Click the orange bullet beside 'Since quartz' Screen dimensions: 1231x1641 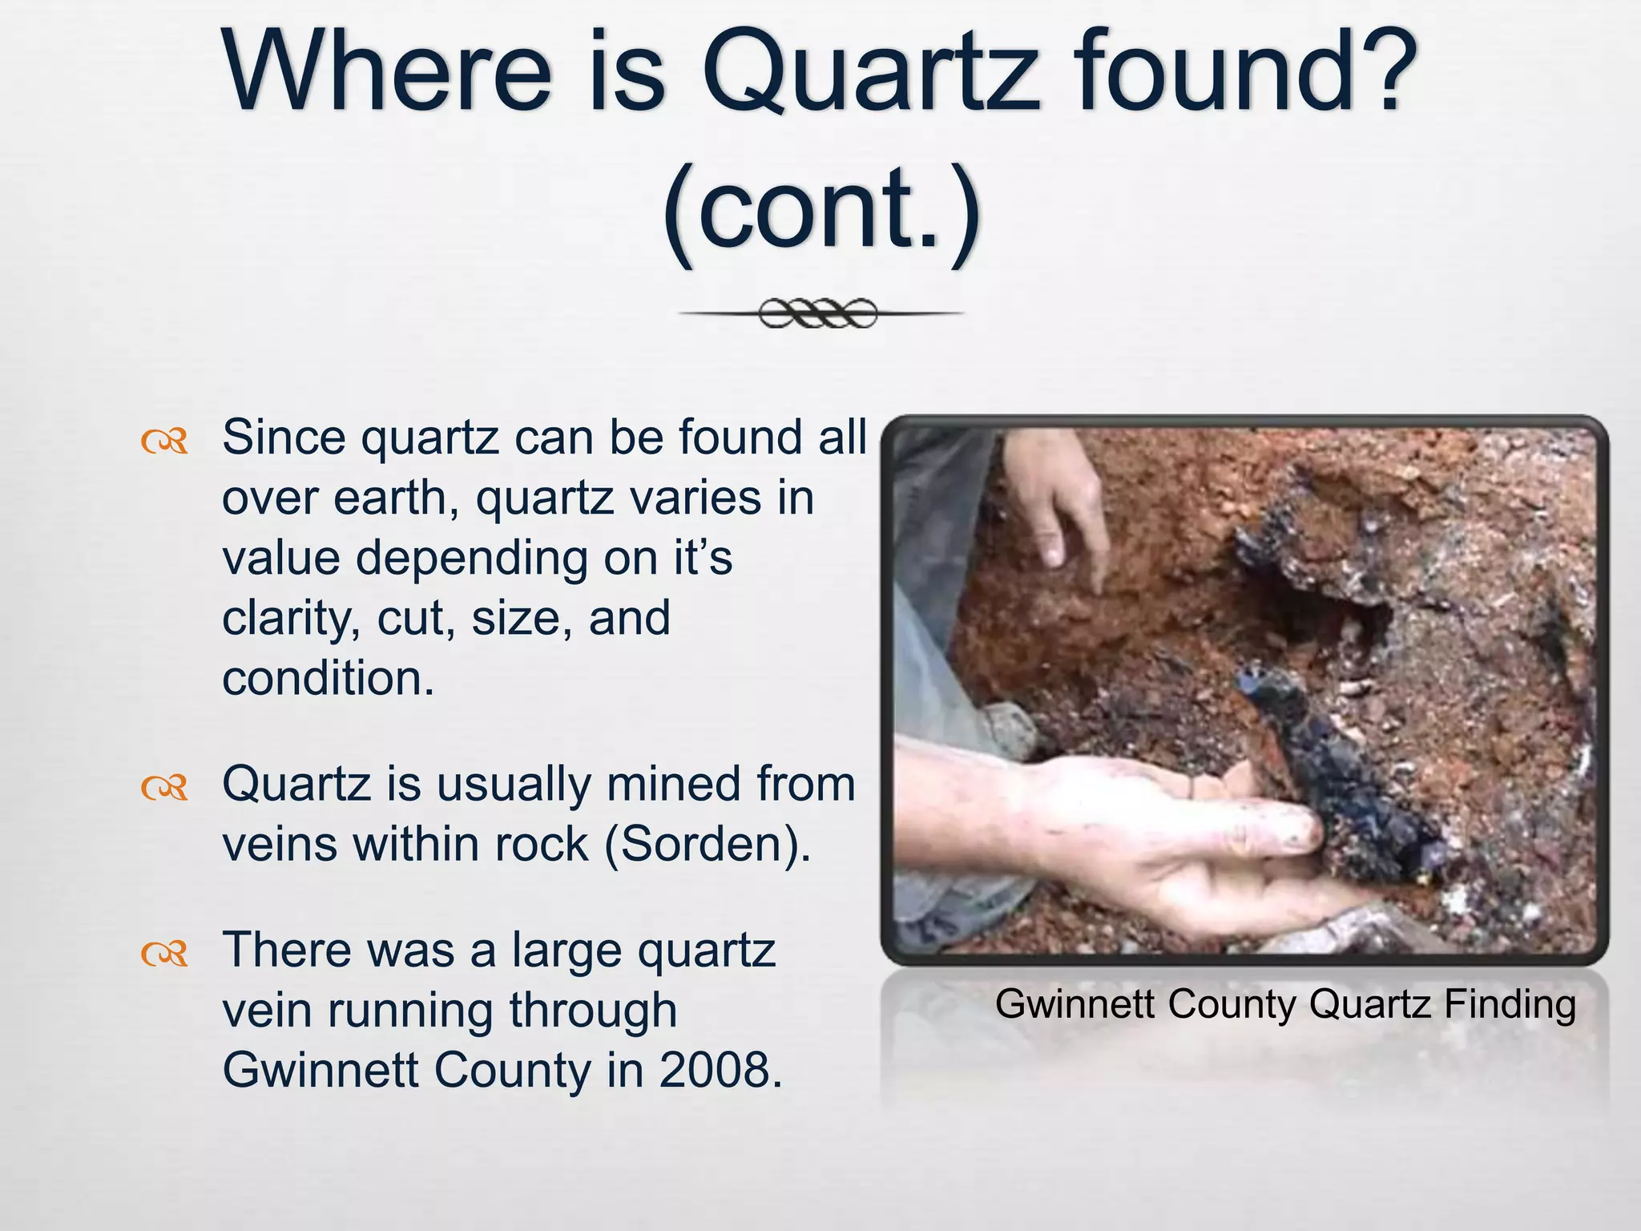164,441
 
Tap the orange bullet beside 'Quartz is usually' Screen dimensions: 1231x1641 164,788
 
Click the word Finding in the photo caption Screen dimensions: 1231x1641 1510,1004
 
